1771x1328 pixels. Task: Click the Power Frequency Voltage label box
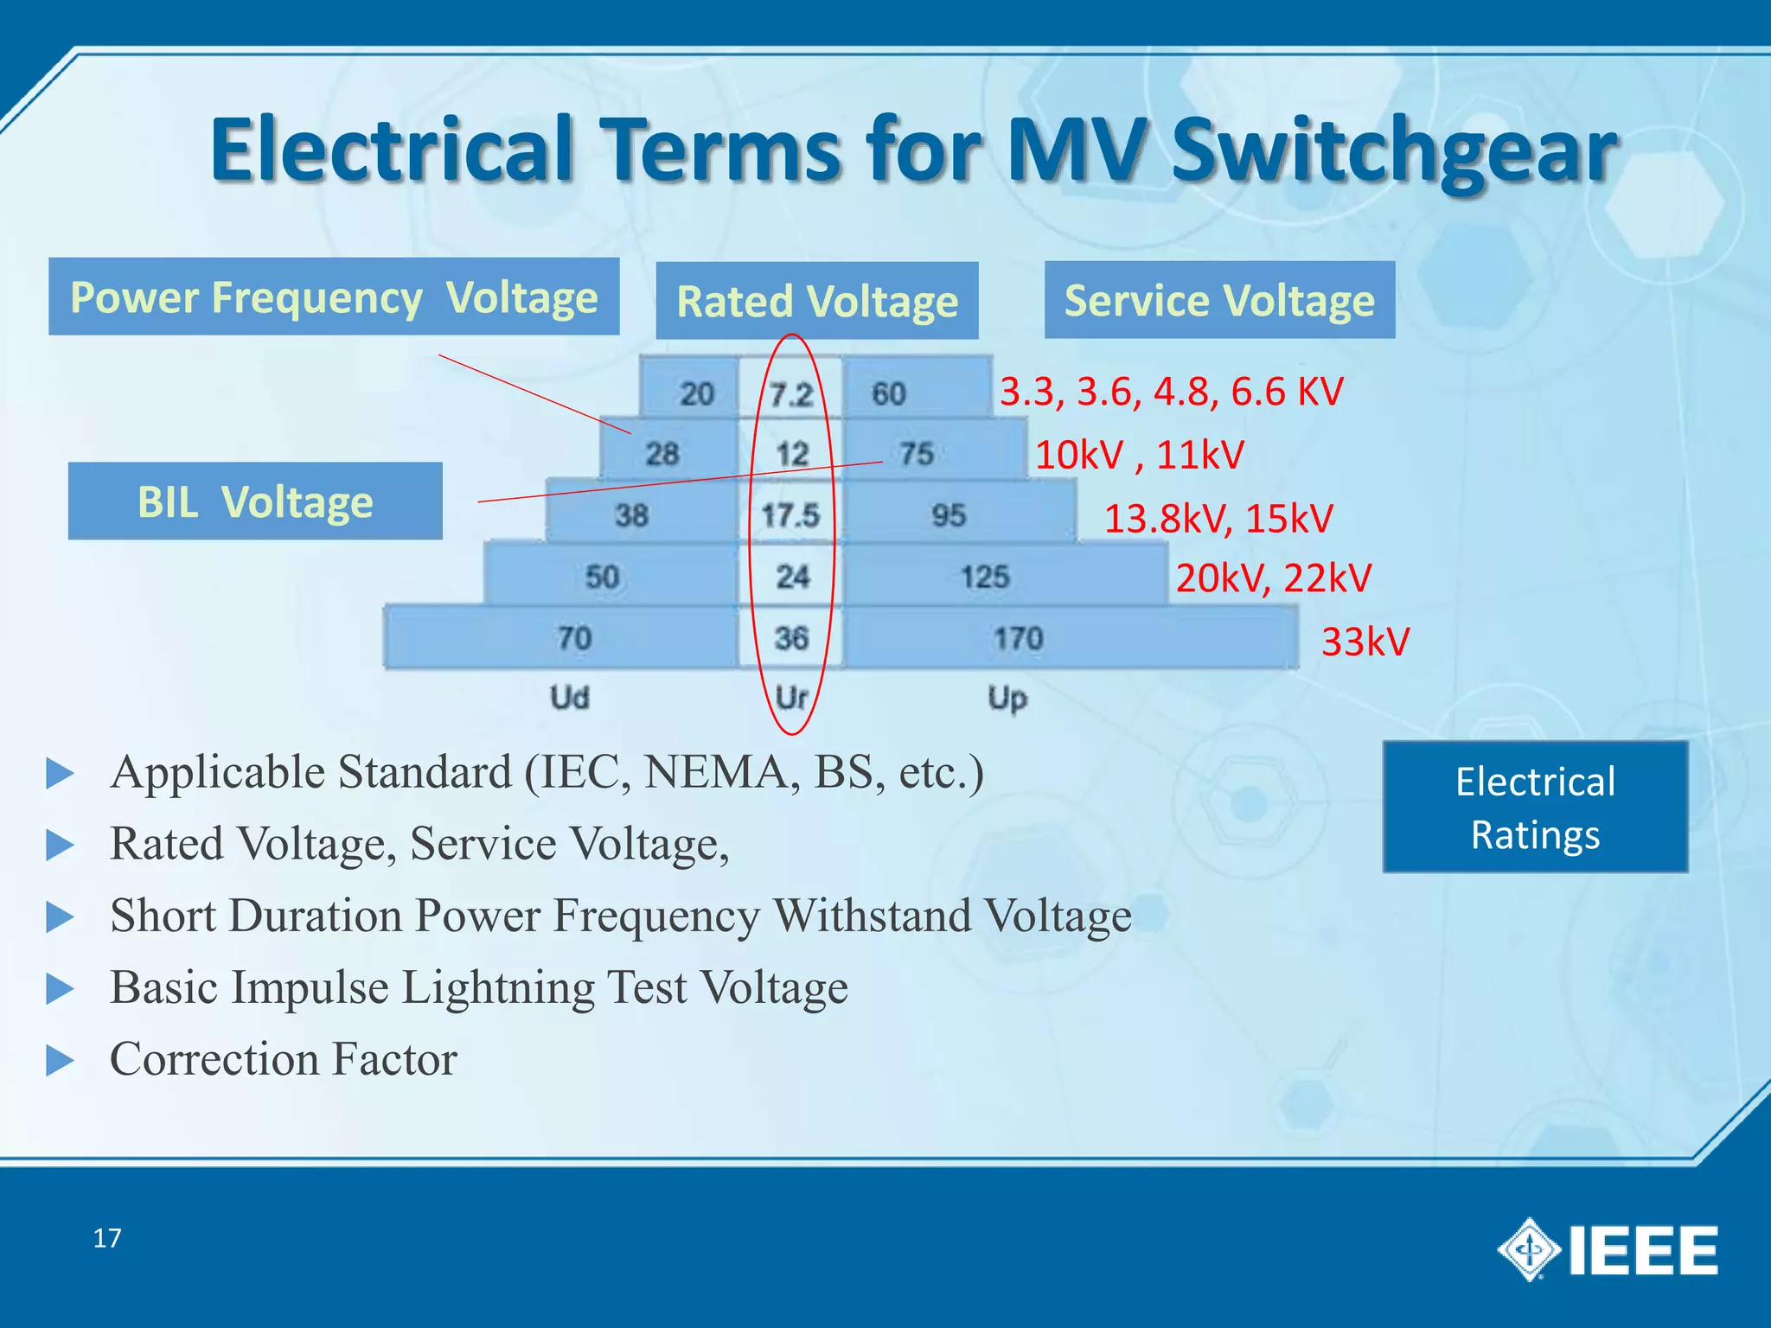point(334,297)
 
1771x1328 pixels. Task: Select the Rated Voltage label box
point(817,301)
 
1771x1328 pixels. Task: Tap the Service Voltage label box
point(1219,300)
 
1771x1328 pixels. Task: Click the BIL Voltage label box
point(255,501)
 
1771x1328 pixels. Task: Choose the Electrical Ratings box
point(1535,807)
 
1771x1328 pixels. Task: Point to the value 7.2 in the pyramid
point(791,395)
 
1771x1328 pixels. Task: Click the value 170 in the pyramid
point(1018,638)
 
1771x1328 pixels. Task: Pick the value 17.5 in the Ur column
point(790,515)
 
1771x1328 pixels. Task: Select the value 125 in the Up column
point(985,577)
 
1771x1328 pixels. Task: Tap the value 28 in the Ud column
point(662,454)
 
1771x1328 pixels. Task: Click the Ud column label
point(570,697)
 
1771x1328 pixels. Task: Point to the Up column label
point(1007,698)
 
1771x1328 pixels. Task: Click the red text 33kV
point(1365,642)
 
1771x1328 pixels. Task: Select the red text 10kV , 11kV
point(1139,455)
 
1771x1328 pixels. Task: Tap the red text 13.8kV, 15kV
point(1218,518)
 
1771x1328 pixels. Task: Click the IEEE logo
point(1608,1250)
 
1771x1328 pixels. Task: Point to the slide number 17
point(107,1238)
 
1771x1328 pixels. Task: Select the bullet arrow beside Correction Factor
point(60,1060)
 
